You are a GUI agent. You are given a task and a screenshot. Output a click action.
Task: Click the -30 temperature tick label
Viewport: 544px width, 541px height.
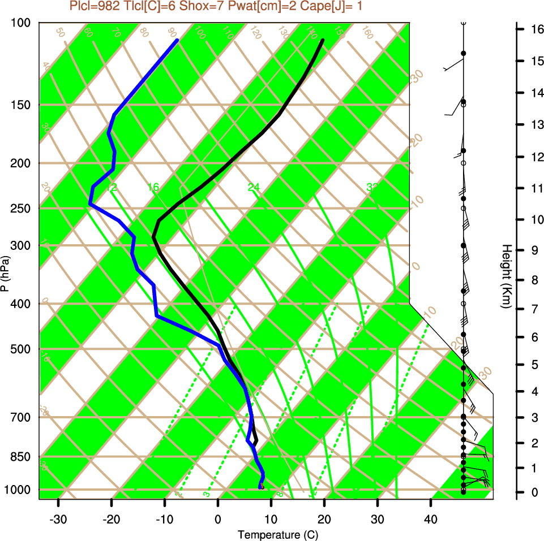58,518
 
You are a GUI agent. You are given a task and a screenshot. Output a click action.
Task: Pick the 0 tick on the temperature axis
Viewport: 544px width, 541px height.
218,518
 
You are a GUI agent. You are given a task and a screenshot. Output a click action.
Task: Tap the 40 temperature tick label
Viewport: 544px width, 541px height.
431,518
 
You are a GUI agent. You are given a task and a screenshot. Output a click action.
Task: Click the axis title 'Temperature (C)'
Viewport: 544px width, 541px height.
274,534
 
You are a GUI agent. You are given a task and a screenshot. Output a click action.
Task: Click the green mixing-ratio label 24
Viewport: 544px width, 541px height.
254,187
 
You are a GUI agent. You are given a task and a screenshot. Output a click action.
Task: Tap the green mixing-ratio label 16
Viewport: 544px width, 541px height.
153,187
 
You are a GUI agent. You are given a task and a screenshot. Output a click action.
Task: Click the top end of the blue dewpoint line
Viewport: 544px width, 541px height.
177,40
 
